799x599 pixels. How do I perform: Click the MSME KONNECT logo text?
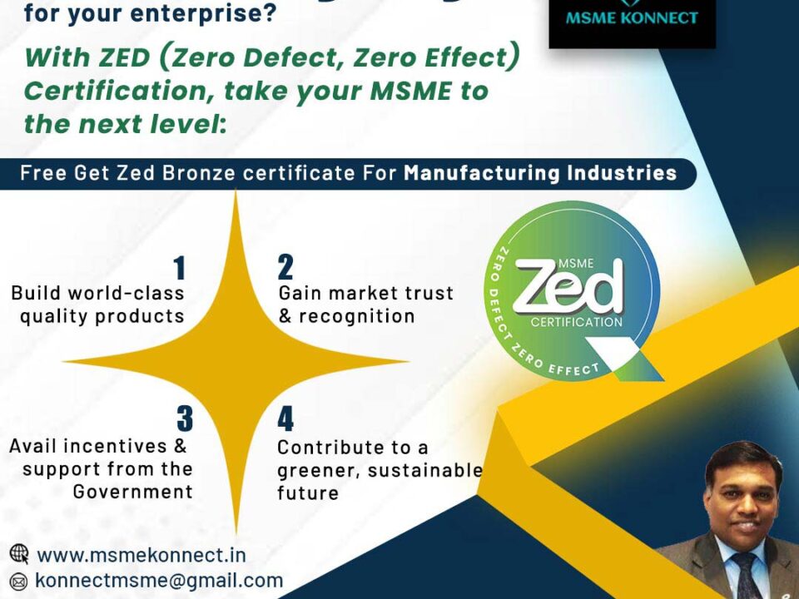coord(632,17)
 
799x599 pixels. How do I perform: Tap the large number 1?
coord(179,269)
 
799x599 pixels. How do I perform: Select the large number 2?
coord(285,268)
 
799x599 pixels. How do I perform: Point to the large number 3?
coord(184,418)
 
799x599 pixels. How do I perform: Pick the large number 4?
coord(285,419)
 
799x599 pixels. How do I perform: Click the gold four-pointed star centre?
coord(235,361)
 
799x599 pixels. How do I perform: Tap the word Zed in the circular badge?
coord(568,287)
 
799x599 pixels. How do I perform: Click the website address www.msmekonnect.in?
coord(141,555)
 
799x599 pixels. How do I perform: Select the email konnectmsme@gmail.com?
coord(159,580)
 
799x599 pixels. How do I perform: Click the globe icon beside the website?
coord(19,554)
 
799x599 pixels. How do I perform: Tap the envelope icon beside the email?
coord(19,581)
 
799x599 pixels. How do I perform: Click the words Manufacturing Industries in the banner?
coord(540,174)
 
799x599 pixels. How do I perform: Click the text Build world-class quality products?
coord(98,304)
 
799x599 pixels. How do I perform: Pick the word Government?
coord(132,492)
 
